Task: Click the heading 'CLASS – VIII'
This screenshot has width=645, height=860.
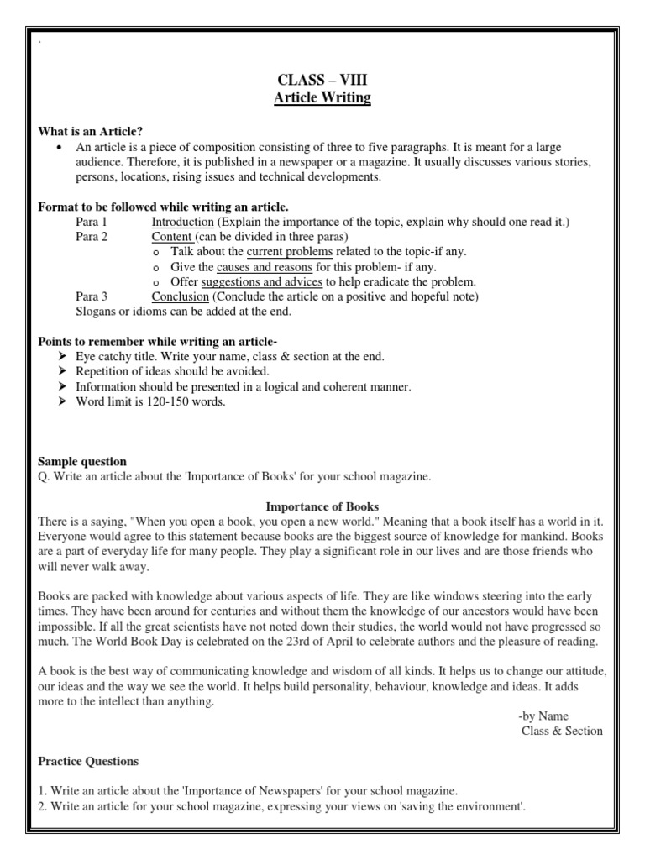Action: pyautogui.click(x=322, y=81)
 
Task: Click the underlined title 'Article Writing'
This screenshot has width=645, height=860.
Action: pyautogui.click(x=322, y=98)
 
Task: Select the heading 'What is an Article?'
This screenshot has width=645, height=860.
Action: pyautogui.click(x=91, y=131)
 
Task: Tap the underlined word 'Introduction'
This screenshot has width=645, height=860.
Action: pyautogui.click(x=182, y=222)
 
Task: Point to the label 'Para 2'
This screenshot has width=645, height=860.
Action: pyautogui.click(x=92, y=237)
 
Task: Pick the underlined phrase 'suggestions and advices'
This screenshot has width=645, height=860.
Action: pyautogui.click(x=263, y=281)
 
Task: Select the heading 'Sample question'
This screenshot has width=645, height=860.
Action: pyautogui.click(x=83, y=461)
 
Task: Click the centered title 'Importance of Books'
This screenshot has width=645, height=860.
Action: pyautogui.click(x=322, y=506)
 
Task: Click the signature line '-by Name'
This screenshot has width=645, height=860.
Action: pyautogui.click(x=543, y=716)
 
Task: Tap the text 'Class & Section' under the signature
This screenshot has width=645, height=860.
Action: pyautogui.click(x=562, y=731)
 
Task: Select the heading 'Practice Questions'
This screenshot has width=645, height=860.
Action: pyautogui.click(x=89, y=761)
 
